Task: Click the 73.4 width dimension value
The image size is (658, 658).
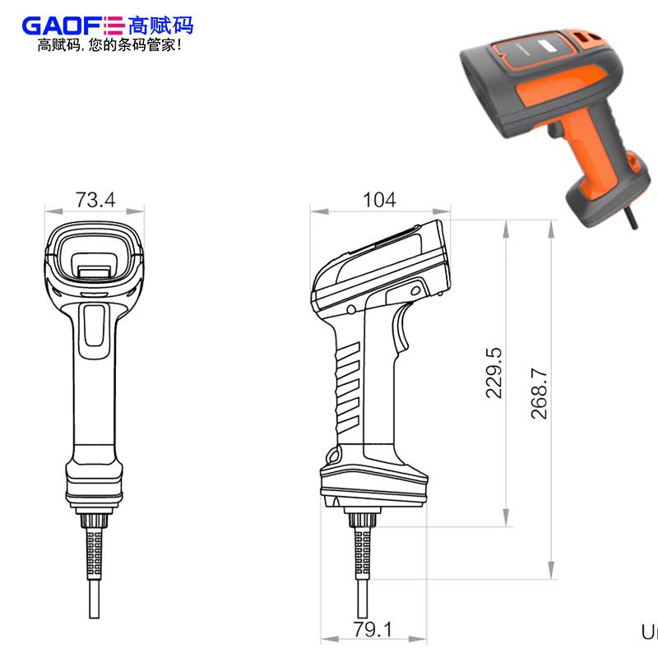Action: (x=95, y=200)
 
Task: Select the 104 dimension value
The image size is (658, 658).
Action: (x=379, y=200)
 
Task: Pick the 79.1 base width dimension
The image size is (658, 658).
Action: (x=373, y=630)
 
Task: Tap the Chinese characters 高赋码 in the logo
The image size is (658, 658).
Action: (x=161, y=25)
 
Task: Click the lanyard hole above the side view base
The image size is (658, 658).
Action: (x=334, y=455)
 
